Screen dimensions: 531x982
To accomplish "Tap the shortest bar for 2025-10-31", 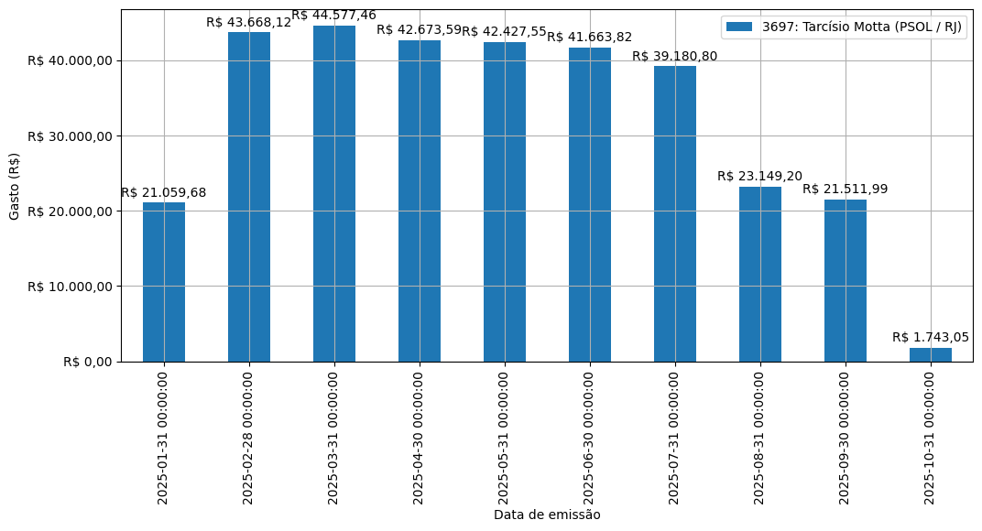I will [931, 355].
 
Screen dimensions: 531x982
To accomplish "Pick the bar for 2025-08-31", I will [760, 275].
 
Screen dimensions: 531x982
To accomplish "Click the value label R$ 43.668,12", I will [248, 22].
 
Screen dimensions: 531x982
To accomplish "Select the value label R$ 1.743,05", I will [931, 338].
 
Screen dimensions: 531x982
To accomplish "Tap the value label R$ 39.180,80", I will [675, 56].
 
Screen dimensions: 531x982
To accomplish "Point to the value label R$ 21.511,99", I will [846, 190].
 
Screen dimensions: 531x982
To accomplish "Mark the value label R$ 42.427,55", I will [505, 31].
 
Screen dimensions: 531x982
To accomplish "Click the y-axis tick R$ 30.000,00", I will [71, 136].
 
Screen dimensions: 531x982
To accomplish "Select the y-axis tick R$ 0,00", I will [88, 362].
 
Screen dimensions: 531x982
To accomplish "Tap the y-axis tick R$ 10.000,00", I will [71, 287].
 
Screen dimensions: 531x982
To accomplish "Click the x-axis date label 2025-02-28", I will [249, 437].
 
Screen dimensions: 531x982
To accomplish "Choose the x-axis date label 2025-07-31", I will [675, 437].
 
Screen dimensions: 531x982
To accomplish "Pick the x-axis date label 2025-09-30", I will [846, 437].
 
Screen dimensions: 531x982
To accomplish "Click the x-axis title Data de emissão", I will [547, 515].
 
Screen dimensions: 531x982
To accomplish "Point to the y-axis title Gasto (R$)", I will [15, 186].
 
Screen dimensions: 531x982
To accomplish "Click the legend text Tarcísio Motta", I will [862, 27].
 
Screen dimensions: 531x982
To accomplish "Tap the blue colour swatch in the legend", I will [739, 27].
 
